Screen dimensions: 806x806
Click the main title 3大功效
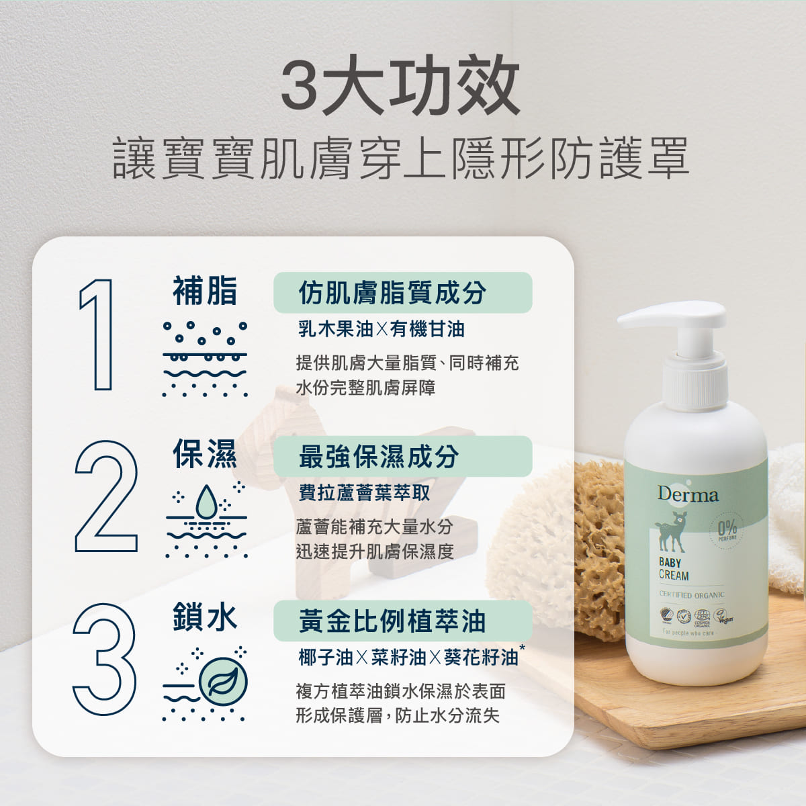[x=400, y=85]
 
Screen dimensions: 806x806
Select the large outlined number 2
[x=106, y=496]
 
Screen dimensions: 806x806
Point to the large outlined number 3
[x=105, y=659]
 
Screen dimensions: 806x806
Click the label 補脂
[x=205, y=292]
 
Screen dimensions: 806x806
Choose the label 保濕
[x=205, y=454]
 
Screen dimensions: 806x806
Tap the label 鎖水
[x=205, y=617]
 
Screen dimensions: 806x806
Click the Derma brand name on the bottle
[x=687, y=495]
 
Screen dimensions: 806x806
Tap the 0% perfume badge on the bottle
[x=727, y=529]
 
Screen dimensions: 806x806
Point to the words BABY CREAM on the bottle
[x=674, y=569]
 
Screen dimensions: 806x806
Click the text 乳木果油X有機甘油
[x=381, y=329]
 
